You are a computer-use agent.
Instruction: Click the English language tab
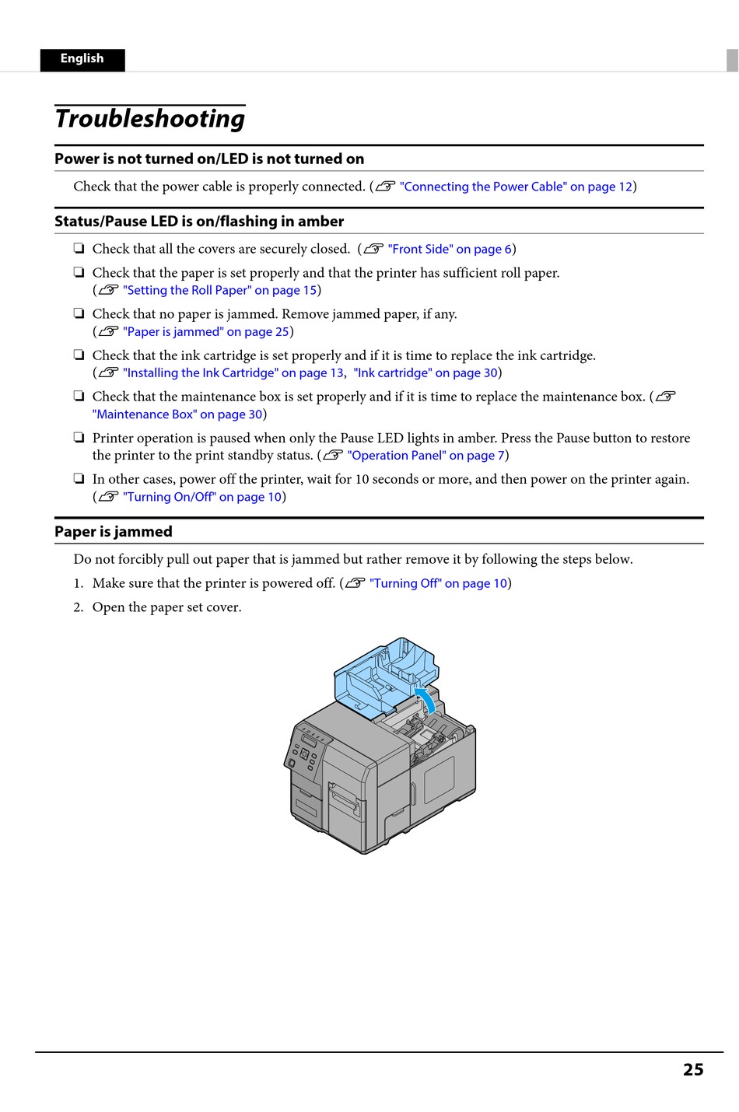point(82,59)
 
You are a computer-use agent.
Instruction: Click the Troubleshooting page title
point(150,119)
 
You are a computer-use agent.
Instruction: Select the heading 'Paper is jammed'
point(114,532)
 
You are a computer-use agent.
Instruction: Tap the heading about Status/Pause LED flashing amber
point(199,222)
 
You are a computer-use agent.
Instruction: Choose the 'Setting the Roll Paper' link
point(220,290)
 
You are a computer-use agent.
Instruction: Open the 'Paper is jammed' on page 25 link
point(206,332)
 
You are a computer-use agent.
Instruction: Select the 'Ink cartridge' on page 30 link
point(426,373)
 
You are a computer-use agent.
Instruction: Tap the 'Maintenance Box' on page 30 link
point(177,414)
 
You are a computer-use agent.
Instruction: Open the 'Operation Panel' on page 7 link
point(426,456)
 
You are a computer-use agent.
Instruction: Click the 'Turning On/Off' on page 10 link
point(202,497)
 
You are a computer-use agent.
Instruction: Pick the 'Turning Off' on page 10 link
point(438,583)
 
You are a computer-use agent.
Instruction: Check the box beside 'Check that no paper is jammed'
point(79,314)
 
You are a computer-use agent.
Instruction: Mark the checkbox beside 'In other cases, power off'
point(79,479)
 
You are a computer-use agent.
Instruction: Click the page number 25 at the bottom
point(693,1070)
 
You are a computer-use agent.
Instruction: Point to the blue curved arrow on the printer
point(426,698)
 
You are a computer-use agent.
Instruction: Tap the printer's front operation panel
point(307,750)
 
